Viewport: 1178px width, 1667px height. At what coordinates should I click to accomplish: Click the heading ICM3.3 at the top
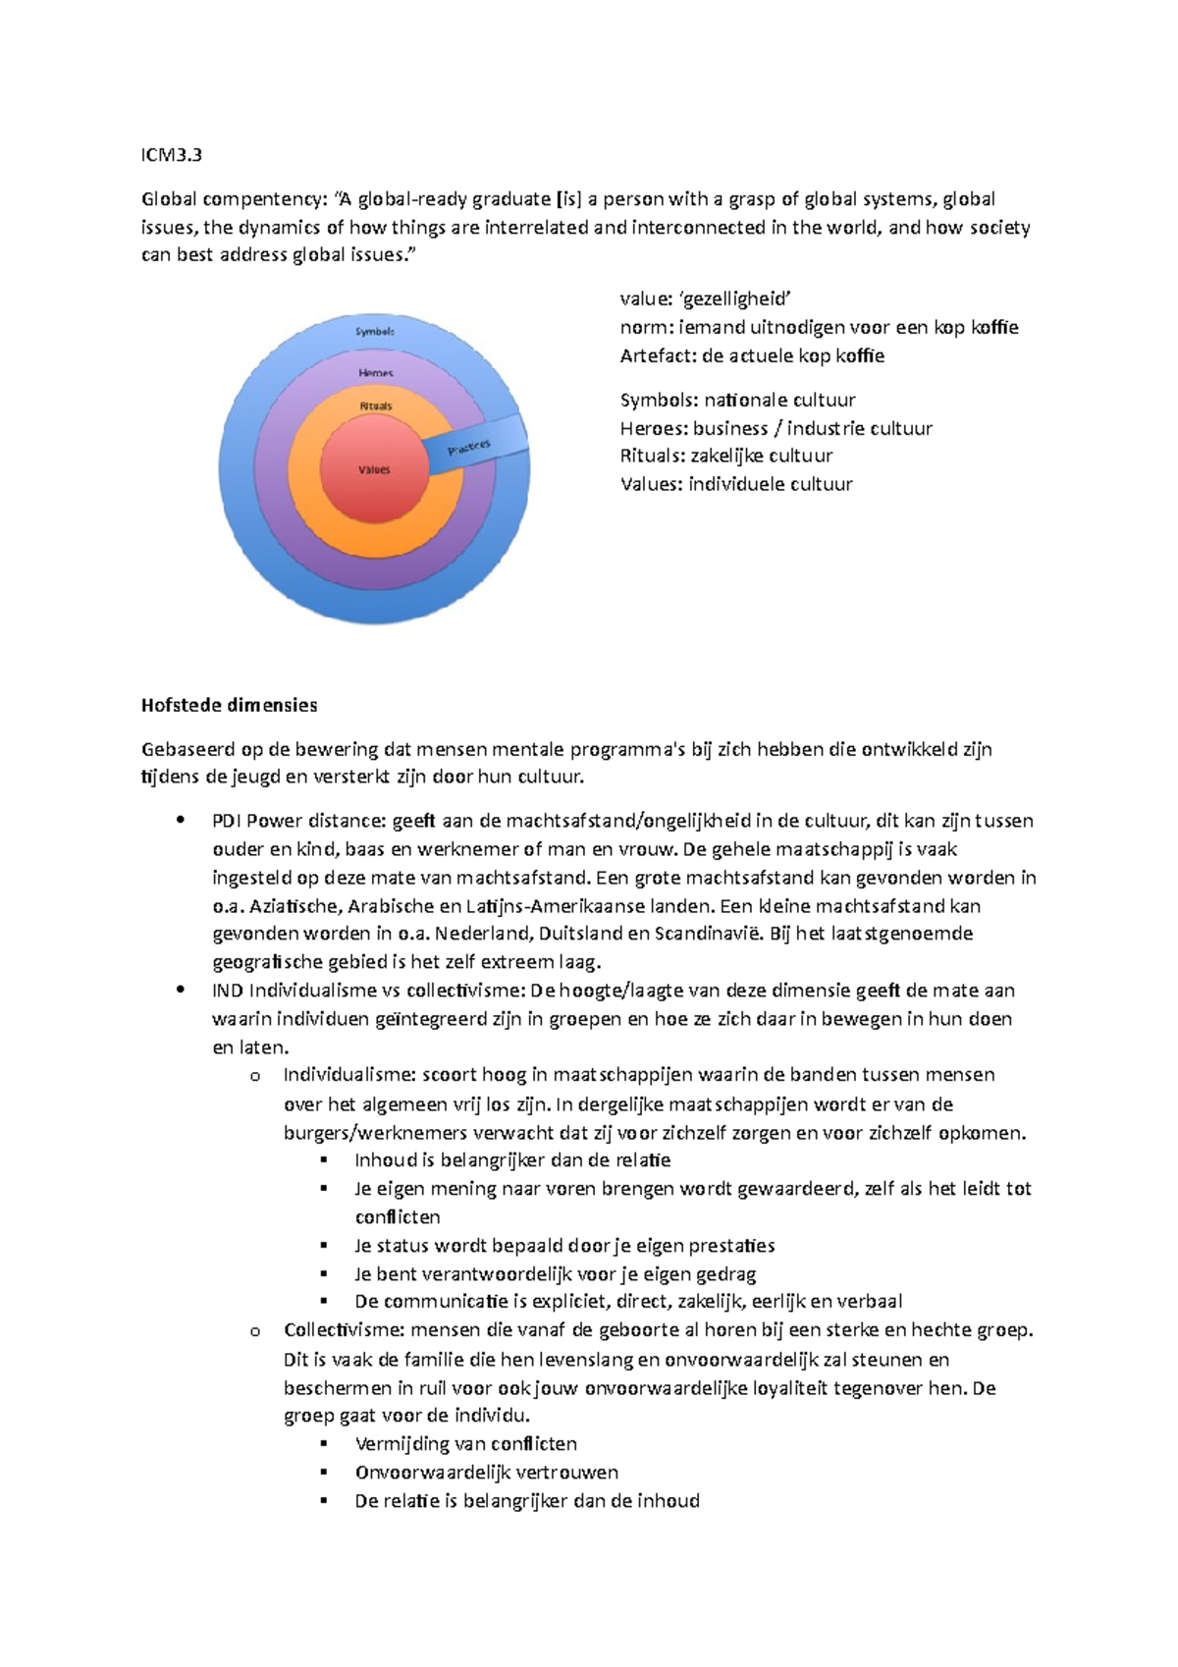click(172, 155)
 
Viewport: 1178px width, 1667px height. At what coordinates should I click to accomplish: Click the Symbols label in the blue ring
click(375, 332)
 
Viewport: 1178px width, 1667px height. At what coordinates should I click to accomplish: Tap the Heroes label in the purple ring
click(376, 373)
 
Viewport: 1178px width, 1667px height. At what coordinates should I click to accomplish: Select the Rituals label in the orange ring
click(375, 406)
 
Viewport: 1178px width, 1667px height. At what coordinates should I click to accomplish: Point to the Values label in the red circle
click(374, 470)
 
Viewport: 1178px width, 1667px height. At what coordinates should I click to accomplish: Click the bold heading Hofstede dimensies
click(229, 705)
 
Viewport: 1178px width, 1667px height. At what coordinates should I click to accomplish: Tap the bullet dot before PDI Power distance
click(180, 821)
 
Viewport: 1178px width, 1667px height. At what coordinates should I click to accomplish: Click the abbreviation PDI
click(227, 821)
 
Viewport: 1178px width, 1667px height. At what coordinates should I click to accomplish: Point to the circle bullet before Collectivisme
click(255, 1331)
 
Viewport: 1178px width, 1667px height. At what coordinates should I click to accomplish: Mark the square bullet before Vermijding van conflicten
click(325, 1444)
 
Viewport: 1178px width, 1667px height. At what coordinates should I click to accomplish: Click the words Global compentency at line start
click(232, 199)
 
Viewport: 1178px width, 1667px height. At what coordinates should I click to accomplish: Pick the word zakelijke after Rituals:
click(727, 456)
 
